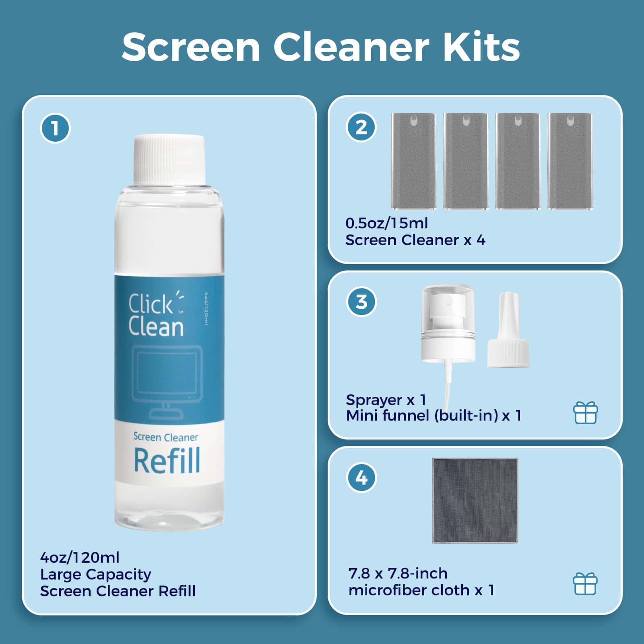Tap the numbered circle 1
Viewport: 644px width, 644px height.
pos(55,128)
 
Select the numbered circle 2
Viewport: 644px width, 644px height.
pos(361,127)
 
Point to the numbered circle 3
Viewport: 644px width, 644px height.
pos(361,301)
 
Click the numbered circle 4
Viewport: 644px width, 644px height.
pos(361,478)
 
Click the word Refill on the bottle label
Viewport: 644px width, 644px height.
pos(167,460)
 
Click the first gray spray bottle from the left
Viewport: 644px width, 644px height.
pos(414,161)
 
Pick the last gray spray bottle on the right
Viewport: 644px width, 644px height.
pos(570,161)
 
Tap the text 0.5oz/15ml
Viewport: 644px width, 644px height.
pos(387,223)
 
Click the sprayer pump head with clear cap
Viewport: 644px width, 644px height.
pos(448,323)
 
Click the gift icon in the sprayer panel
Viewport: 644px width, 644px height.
pos(586,413)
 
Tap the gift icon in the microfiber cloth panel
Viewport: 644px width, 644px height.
pos(585,584)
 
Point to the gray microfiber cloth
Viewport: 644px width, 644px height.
pos(475,500)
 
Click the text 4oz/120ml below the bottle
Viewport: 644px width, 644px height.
pos(80,557)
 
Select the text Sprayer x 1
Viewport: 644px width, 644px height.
pos(386,400)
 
